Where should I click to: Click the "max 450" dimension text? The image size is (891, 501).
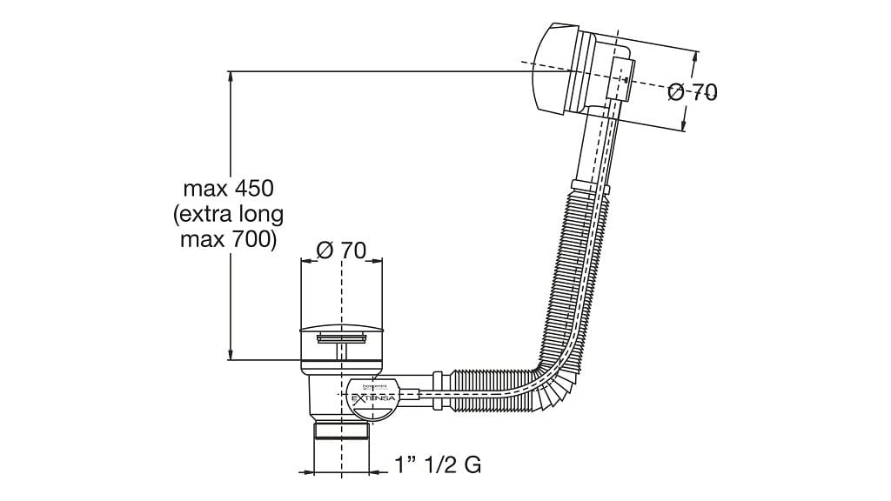(x=229, y=188)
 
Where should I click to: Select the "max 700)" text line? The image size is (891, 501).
(x=229, y=239)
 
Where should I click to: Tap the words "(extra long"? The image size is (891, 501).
(x=229, y=214)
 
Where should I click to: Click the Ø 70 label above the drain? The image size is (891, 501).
(x=340, y=250)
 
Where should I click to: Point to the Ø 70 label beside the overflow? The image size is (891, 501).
(x=693, y=92)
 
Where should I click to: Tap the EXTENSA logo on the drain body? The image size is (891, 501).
(x=373, y=396)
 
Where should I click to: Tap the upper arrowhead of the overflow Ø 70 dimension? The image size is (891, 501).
(x=694, y=55)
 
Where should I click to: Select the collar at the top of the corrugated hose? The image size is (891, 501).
(x=589, y=187)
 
